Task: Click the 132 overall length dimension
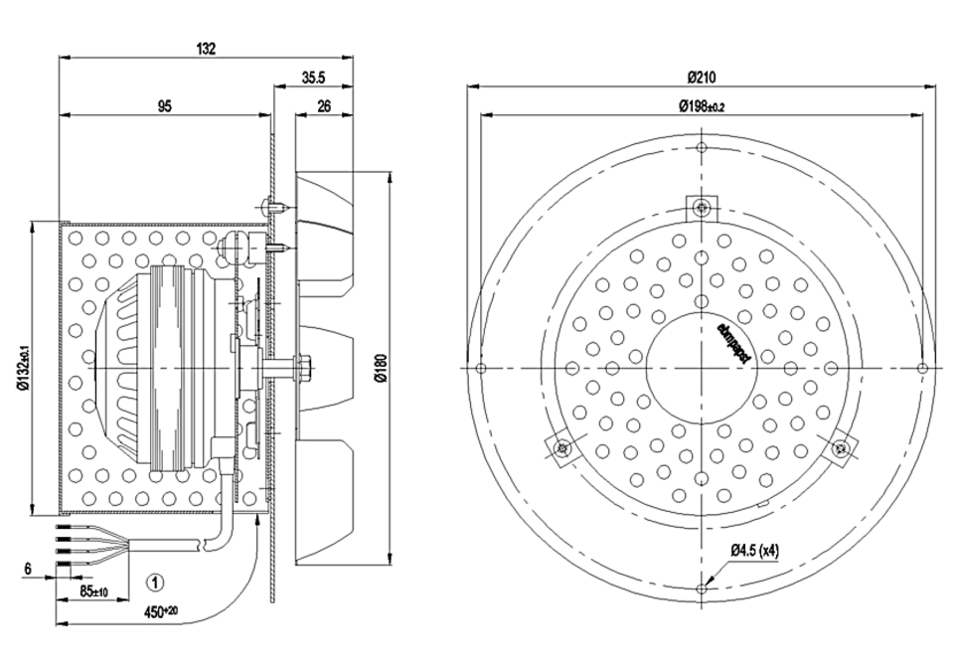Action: click(207, 48)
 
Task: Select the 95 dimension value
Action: click(165, 105)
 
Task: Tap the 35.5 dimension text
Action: click(314, 77)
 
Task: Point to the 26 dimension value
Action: click(324, 105)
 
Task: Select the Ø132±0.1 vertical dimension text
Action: click(23, 369)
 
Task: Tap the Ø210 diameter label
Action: click(703, 77)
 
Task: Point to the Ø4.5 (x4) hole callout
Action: click(756, 549)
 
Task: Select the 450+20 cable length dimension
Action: click(160, 612)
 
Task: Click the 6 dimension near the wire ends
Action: click(28, 569)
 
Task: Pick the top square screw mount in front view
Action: click(703, 207)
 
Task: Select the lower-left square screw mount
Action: click(562, 448)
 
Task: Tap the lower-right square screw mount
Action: click(843, 448)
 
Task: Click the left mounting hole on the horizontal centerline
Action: click(481, 369)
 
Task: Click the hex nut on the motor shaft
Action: click(303, 368)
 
